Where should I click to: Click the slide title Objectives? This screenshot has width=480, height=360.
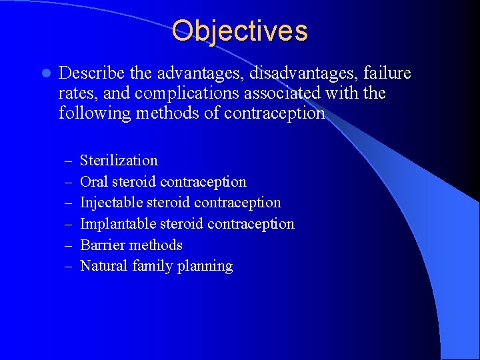(x=239, y=31)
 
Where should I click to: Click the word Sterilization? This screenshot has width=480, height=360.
(x=119, y=161)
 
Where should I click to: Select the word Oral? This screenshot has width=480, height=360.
(x=94, y=181)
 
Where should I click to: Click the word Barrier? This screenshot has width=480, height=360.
(x=102, y=245)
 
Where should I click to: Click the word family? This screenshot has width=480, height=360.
(x=153, y=266)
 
